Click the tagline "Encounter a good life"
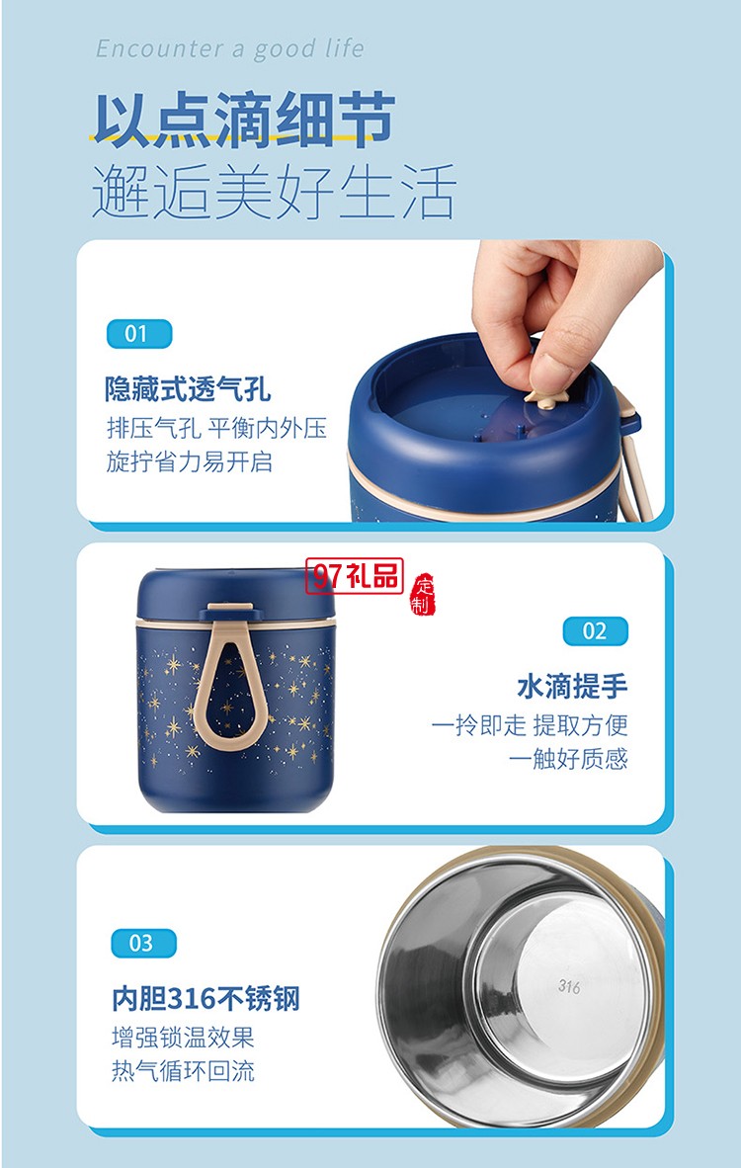[x=230, y=48]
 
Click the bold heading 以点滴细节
[x=244, y=121]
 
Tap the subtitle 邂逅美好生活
[x=274, y=192]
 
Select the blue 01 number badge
[x=138, y=333]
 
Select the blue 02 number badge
[x=595, y=630]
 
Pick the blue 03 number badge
[x=143, y=943]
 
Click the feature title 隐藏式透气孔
[x=188, y=388]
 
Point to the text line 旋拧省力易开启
[x=189, y=461]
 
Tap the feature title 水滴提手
[x=572, y=686]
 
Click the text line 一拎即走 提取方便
[x=530, y=725]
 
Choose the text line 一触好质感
[x=568, y=758]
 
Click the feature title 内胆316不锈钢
[x=206, y=999]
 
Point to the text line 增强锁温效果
[x=183, y=1038]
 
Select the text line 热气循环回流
[x=183, y=1071]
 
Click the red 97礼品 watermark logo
[x=355, y=577]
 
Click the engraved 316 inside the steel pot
[x=569, y=986]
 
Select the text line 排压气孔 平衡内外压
[x=216, y=428]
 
